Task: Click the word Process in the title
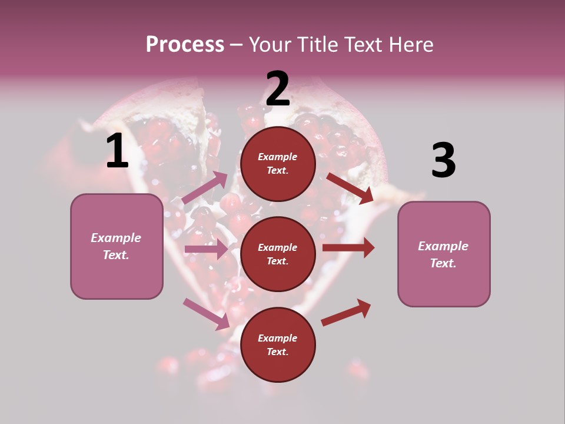click(x=185, y=45)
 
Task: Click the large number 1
click(x=117, y=151)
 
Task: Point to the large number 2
click(x=278, y=89)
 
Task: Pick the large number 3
click(x=443, y=161)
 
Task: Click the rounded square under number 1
click(x=117, y=246)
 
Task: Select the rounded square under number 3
click(x=444, y=254)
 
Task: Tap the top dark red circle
click(x=278, y=164)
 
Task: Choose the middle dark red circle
click(x=278, y=254)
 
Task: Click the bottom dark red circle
click(x=278, y=344)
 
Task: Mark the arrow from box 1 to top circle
click(x=205, y=188)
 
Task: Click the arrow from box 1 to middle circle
click(x=206, y=249)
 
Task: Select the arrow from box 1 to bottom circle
click(x=206, y=313)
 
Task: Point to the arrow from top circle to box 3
click(x=350, y=188)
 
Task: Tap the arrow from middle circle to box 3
click(x=348, y=248)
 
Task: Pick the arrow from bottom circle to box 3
click(x=346, y=312)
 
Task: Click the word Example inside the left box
click(x=116, y=238)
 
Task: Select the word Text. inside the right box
click(x=443, y=263)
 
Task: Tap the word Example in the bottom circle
click(x=277, y=338)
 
